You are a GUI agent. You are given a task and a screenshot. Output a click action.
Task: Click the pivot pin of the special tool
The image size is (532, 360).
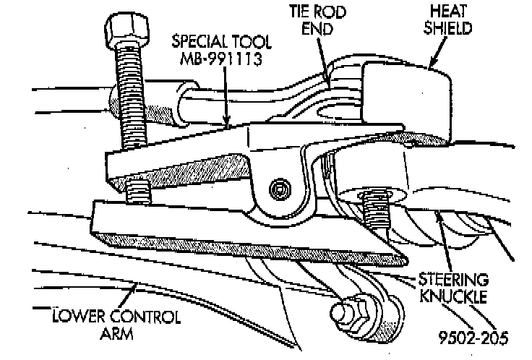[278, 190]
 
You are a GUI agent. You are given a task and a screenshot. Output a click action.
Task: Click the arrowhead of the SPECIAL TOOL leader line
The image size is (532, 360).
[226, 125]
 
